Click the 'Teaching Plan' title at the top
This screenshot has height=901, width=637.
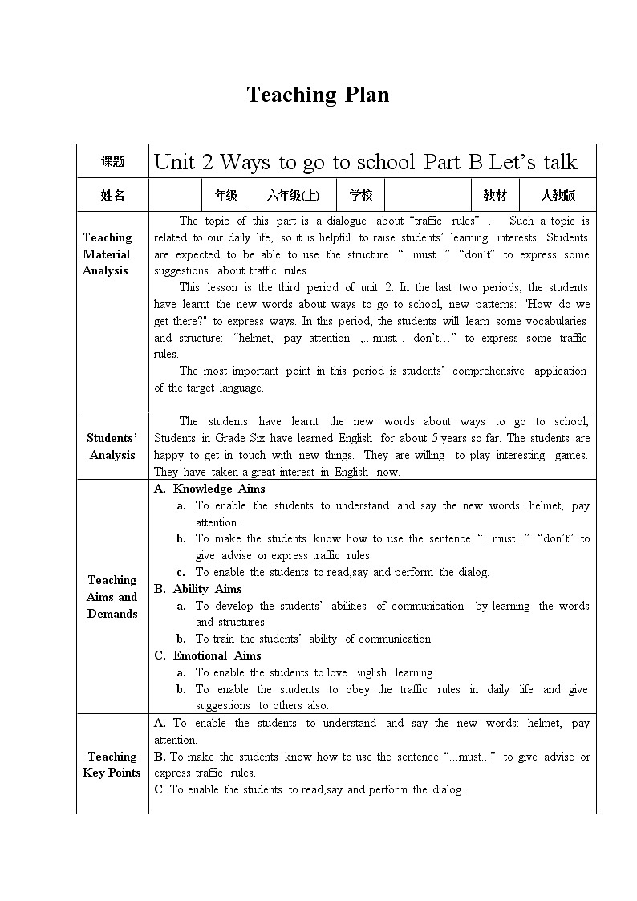[x=318, y=95]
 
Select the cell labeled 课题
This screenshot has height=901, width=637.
[x=112, y=161]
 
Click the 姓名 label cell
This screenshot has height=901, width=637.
[x=112, y=195]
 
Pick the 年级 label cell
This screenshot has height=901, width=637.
[x=225, y=195]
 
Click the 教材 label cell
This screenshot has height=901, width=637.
[x=494, y=195]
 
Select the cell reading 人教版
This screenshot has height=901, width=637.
[x=558, y=195]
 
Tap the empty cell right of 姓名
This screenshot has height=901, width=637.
[x=175, y=195]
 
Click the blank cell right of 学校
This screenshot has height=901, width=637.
[x=427, y=195]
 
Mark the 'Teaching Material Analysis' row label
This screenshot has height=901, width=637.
[x=107, y=254]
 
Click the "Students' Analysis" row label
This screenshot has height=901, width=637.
[x=112, y=446]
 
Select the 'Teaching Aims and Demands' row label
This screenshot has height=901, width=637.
[x=112, y=596]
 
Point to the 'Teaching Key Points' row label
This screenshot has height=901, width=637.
[x=112, y=764]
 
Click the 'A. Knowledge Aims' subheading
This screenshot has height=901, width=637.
[x=209, y=489]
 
